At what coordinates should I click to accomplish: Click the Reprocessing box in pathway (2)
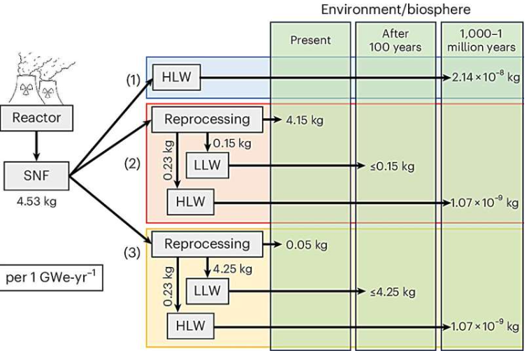point(207,119)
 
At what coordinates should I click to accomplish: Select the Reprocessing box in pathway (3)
point(207,245)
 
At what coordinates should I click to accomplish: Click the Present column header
point(310,41)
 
